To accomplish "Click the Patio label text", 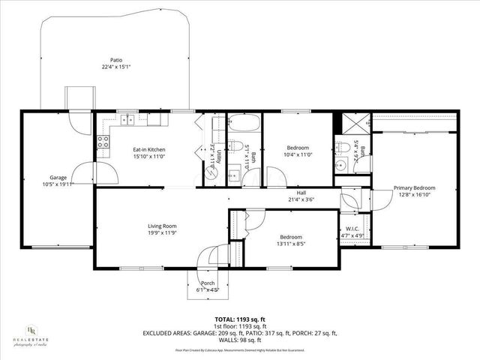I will pyautogui.click(x=116, y=60).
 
